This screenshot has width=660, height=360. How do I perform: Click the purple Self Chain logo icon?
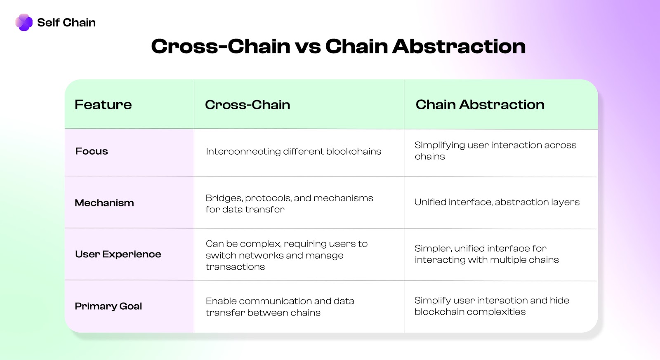coord(24,22)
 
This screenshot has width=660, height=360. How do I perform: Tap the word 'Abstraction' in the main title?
coord(459,46)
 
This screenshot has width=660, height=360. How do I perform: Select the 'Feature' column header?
coord(103,105)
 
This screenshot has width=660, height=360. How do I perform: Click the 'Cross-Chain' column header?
coord(247,105)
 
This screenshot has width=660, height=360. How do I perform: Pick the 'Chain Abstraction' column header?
coord(480,105)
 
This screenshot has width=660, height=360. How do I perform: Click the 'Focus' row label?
coord(92,151)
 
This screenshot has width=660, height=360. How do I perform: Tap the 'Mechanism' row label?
coord(104,203)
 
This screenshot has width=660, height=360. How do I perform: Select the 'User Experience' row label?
coord(118,254)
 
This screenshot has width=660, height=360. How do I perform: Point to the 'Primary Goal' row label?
coord(108,306)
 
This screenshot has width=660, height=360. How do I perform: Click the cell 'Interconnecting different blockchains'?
coord(293,151)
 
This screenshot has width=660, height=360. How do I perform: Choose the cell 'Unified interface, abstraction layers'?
coord(497,202)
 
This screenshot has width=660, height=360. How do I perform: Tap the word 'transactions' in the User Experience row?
coord(235,267)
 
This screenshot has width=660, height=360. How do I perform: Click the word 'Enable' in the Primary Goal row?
coord(221,301)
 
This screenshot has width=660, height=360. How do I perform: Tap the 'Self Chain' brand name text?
coord(66,22)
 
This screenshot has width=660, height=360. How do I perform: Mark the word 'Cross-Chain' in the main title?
coord(221,46)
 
